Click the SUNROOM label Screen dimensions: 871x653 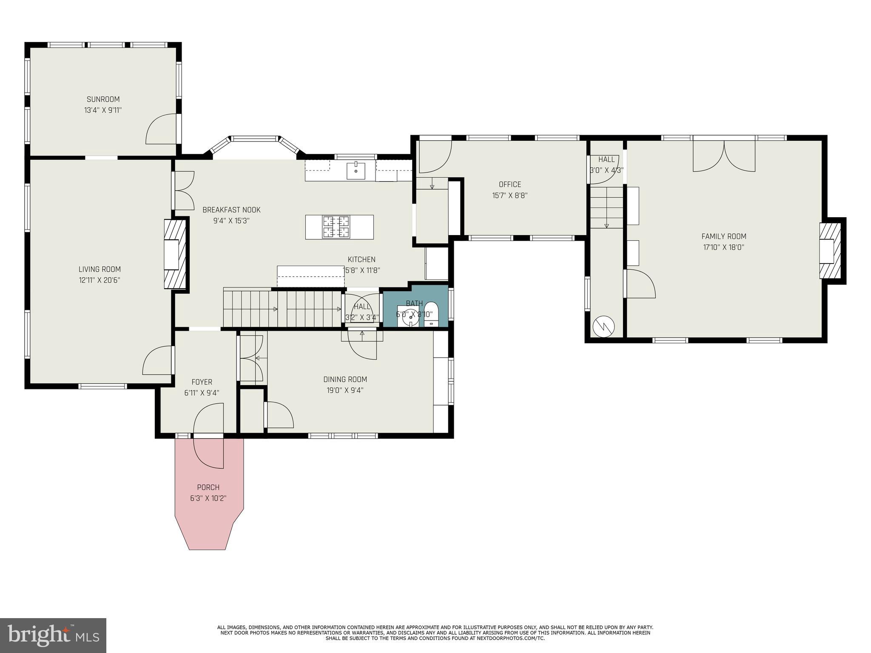(x=103, y=99)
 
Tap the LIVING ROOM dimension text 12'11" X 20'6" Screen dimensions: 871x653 (x=100, y=280)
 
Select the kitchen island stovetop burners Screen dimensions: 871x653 (x=336, y=227)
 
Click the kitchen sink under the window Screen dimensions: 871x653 (x=356, y=171)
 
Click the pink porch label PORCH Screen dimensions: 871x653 (x=208, y=487)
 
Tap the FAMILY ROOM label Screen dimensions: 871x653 (x=724, y=236)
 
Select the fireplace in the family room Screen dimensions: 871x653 (x=831, y=251)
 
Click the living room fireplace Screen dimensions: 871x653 (x=175, y=254)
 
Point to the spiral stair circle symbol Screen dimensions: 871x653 (x=604, y=326)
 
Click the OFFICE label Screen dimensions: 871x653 (x=510, y=185)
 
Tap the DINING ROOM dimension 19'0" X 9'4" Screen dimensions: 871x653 (x=345, y=390)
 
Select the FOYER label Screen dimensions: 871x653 (x=202, y=382)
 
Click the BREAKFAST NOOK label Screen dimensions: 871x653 (x=231, y=210)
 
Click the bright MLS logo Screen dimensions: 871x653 (x=53, y=635)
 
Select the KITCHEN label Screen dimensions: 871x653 (x=361, y=259)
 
